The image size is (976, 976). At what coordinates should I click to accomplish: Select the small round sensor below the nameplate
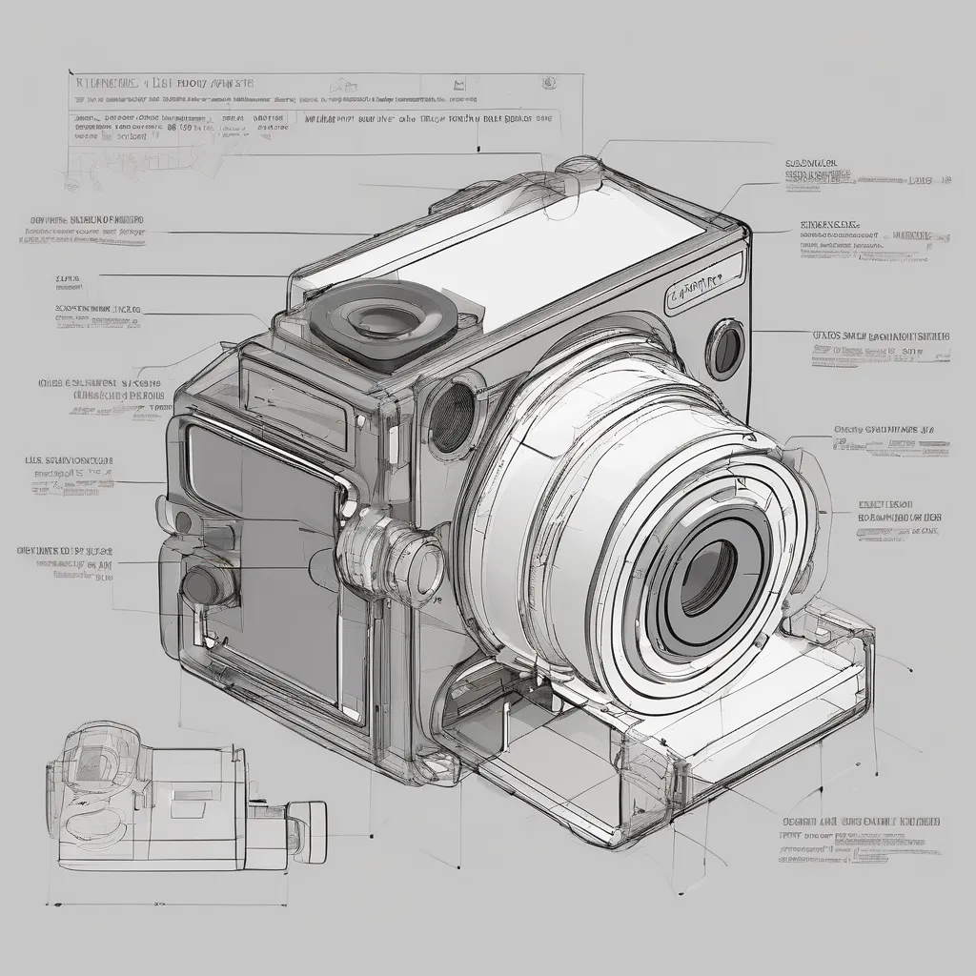tap(725, 349)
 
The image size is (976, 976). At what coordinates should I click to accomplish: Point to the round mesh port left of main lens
tap(453, 417)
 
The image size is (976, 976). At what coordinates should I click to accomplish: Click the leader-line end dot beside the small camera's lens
tap(370, 836)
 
